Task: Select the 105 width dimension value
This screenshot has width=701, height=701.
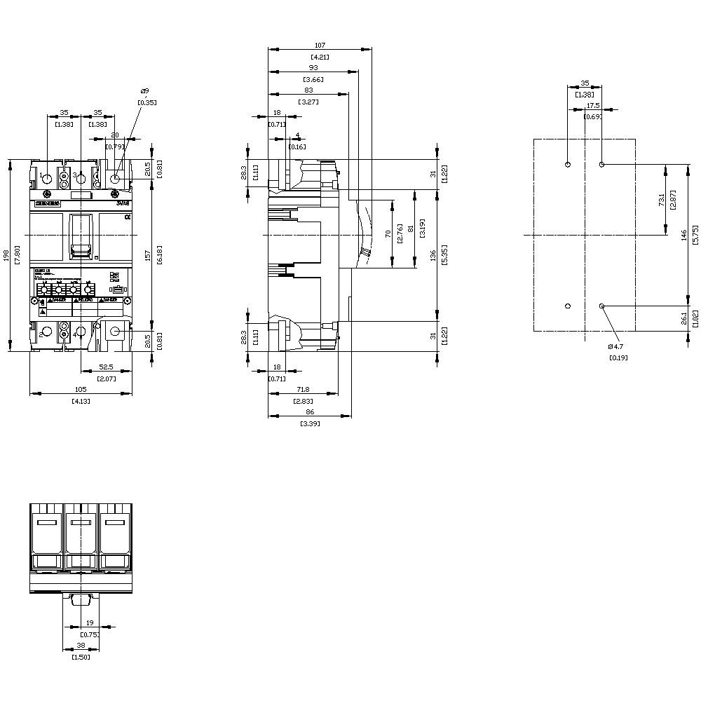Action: [x=81, y=390]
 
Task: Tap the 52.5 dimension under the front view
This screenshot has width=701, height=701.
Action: [x=107, y=366]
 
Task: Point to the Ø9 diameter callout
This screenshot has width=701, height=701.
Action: [x=144, y=91]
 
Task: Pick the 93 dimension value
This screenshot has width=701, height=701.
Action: [x=313, y=68]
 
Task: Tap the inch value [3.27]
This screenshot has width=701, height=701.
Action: [x=308, y=102]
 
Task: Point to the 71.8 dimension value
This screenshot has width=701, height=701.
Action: [x=303, y=388]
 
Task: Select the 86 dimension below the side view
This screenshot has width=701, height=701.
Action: [x=309, y=413]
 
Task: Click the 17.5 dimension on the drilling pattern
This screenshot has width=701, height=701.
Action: [x=593, y=105]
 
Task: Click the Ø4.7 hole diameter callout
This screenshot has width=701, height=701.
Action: [x=617, y=346]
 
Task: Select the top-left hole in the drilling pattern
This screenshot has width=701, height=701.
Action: [x=568, y=165]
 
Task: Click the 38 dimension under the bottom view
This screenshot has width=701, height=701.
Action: [x=81, y=646]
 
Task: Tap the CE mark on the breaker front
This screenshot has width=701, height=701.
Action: [x=127, y=218]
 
